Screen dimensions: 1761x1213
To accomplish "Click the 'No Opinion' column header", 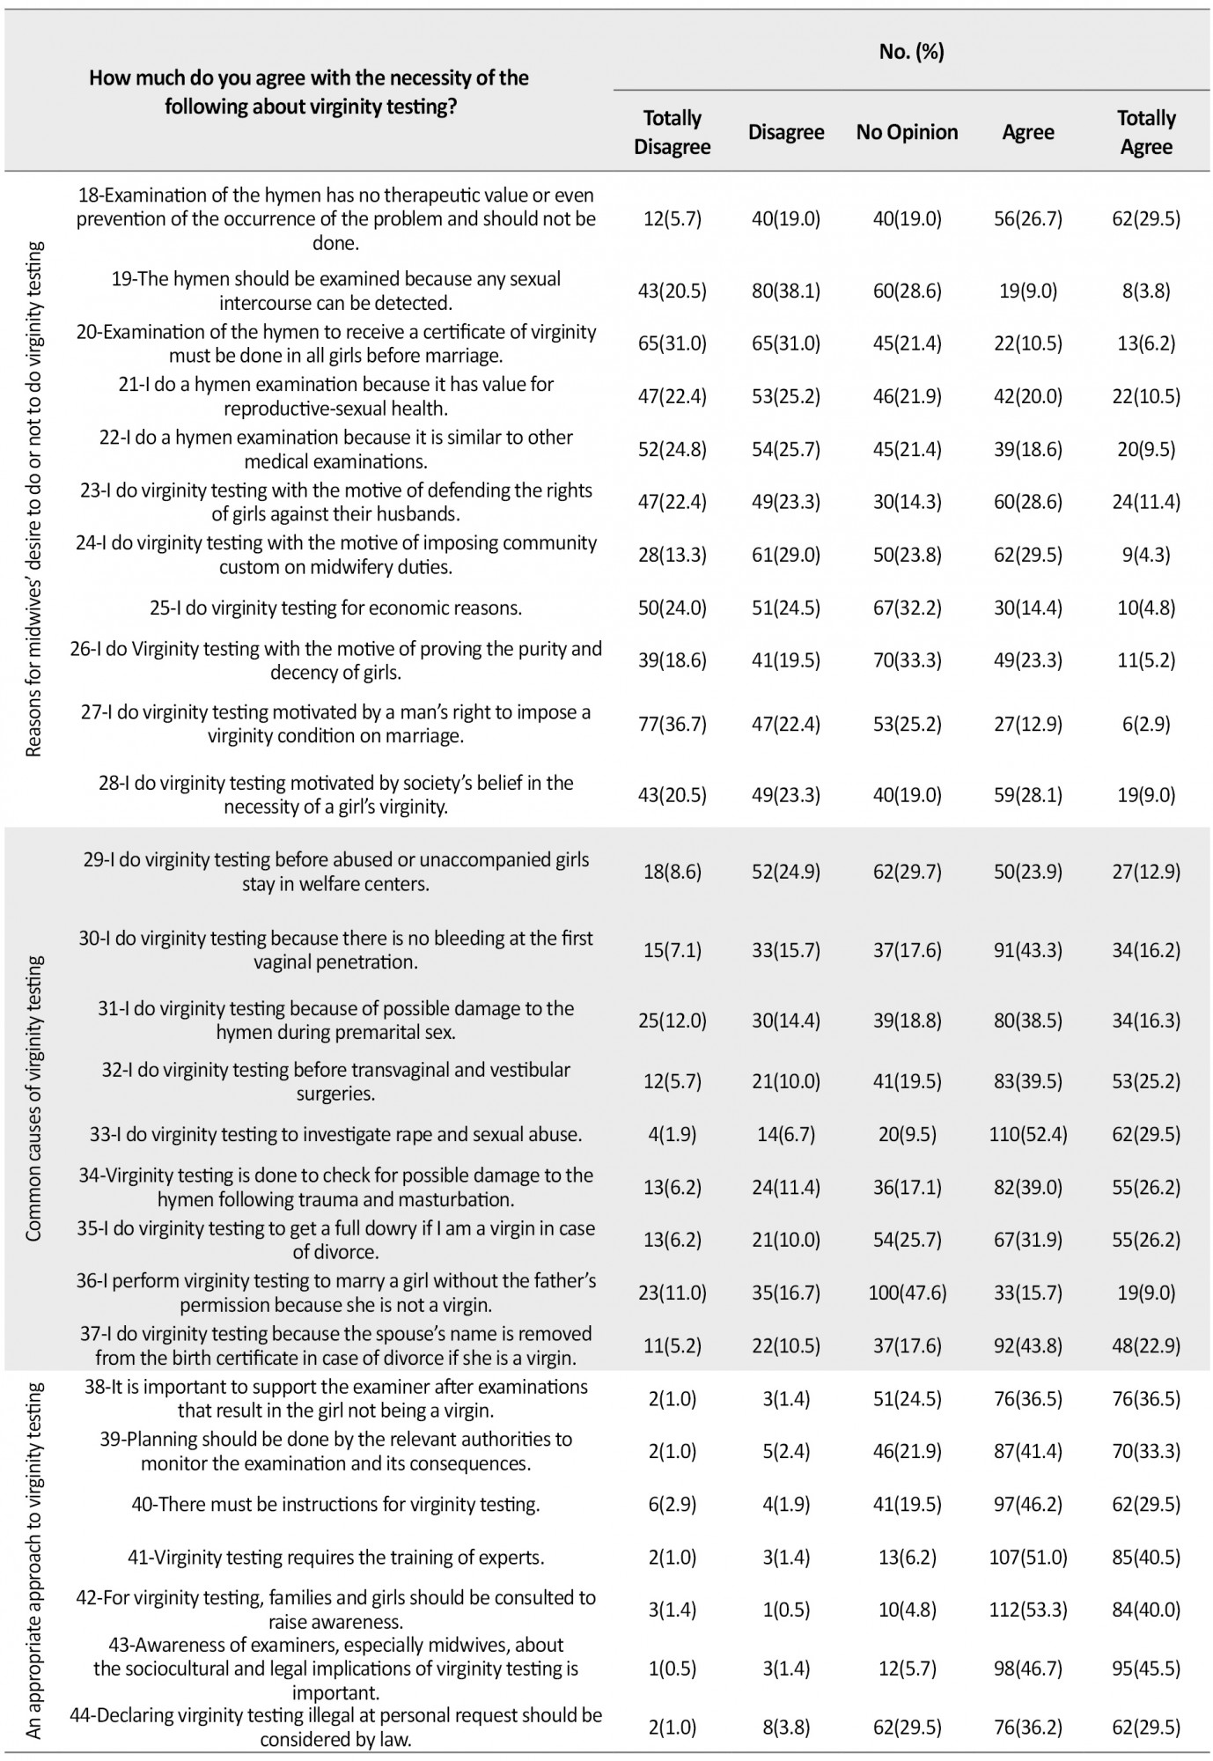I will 907,132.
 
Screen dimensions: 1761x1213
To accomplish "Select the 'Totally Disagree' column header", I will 672,132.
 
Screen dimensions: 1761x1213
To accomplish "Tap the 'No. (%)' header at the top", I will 911,51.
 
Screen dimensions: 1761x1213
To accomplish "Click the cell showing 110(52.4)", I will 1027,1134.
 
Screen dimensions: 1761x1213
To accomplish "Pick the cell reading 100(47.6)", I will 907,1293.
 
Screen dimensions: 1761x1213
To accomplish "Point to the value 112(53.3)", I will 1027,1610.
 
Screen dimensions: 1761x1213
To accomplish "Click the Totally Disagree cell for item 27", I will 672,724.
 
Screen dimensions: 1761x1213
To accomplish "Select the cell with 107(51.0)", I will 1027,1557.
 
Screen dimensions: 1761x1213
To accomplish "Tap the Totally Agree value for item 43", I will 1145,1668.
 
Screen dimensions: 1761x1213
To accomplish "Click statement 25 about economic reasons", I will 335,608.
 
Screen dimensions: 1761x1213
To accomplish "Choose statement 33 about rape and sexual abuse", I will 335,1134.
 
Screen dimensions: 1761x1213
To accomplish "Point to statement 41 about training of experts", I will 335,1557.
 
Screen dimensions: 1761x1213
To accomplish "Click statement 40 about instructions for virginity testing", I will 335,1504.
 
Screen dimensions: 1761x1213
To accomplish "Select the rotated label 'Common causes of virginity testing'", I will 33,1098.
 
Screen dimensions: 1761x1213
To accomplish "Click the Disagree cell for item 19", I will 785,291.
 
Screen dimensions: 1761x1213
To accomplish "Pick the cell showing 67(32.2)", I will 907,608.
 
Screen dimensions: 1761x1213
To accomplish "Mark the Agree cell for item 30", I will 1027,950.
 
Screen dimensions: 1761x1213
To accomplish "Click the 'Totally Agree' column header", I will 1145,132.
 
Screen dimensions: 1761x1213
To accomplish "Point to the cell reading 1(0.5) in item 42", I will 785,1610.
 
